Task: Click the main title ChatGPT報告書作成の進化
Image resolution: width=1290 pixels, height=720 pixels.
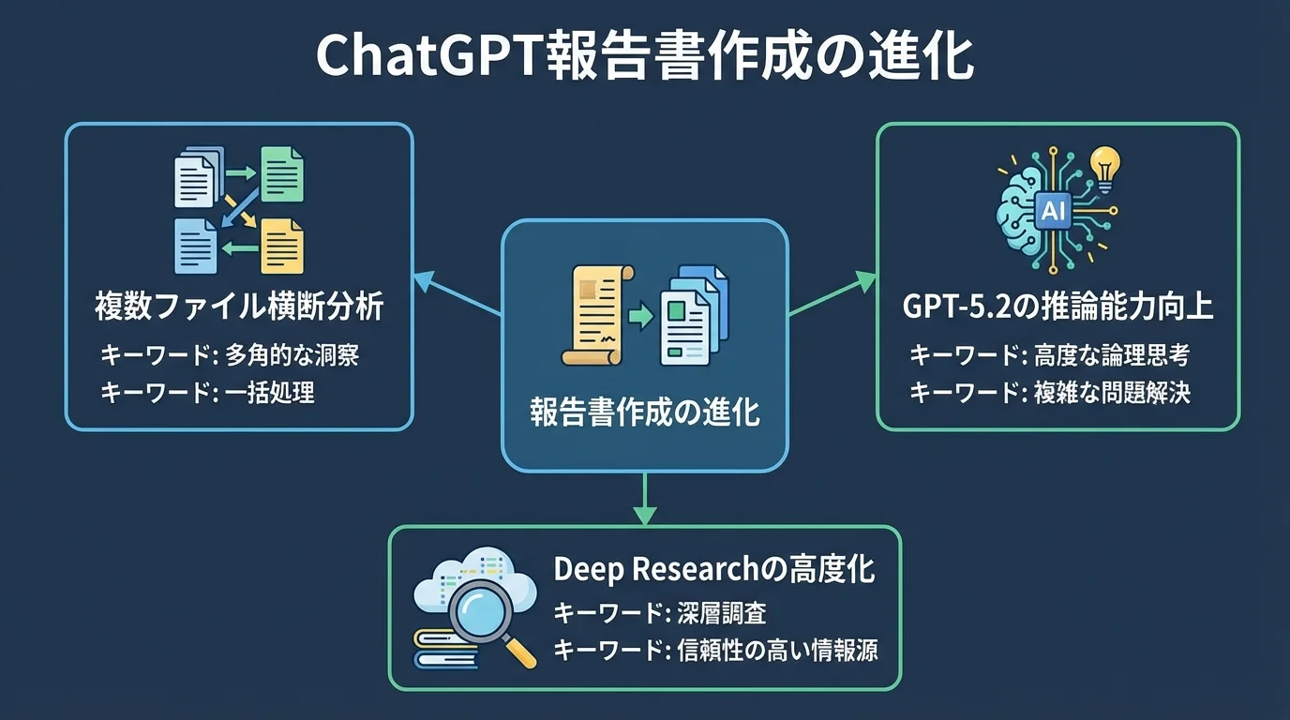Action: (644, 58)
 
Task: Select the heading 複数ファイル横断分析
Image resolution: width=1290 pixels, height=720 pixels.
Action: (240, 307)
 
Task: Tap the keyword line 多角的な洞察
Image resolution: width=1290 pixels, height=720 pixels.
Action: (230, 355)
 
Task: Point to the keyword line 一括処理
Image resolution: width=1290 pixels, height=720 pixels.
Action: (207, 393)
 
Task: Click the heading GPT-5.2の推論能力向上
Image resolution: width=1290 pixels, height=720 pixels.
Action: (1058, 307)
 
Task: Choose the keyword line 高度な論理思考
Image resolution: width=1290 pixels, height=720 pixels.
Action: (1050, 355)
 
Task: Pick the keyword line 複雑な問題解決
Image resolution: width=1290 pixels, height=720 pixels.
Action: (1050, 393)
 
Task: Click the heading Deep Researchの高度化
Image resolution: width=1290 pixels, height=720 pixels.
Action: (714, 570)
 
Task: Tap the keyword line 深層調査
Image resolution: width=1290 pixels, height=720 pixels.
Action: (660, 613)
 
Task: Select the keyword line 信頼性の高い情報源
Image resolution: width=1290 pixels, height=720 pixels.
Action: (715, 651)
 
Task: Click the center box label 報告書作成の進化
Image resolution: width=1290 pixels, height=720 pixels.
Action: (645, 413)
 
